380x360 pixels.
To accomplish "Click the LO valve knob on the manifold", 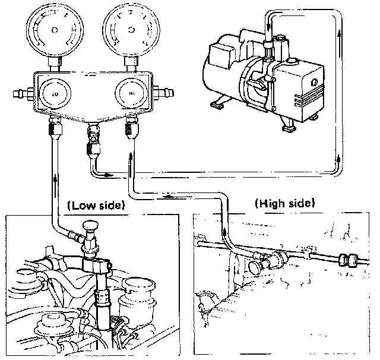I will pyautogui.click(x=53, y=94).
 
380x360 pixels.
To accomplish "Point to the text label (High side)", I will pyautogui.click(x=284, y=203).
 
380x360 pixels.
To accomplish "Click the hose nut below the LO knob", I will pyautogui.click(x=53, y=127).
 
